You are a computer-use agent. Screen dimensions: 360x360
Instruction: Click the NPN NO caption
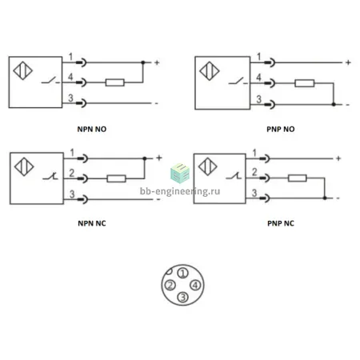click(92, 129)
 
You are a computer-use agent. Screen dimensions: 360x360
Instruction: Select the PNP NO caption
click(281, 129)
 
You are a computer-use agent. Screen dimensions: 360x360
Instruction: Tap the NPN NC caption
click(92, 223)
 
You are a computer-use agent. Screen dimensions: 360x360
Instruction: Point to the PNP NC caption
click(281, 223)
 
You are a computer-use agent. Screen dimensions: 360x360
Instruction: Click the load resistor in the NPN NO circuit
click(115, 82)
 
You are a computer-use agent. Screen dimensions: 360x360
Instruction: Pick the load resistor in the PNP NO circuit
click(305, 83)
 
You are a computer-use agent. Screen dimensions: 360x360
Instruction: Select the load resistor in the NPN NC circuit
click(116, 178)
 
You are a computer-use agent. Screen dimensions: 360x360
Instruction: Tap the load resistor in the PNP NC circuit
click(298, 178)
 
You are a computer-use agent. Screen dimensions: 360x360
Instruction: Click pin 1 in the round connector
click(182, 273)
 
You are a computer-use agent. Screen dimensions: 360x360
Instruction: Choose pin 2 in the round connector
click(170, 285)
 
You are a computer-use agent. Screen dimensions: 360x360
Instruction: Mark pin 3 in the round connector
click(183, 297)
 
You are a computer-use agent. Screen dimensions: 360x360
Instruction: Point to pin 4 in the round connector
click(195, 285)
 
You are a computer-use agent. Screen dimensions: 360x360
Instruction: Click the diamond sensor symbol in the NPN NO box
click(23, 70)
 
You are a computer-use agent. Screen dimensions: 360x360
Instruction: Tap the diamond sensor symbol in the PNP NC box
click(208, 166)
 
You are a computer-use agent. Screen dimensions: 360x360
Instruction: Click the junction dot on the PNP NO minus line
click(334, 104)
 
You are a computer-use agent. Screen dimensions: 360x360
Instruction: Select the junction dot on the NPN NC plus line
click(145, 158)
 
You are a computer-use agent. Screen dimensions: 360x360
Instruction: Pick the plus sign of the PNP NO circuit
click(348, 62)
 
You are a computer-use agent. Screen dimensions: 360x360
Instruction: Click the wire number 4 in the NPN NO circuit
click(70, 77)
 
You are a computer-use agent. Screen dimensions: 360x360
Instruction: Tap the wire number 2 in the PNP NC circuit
click(254, 172)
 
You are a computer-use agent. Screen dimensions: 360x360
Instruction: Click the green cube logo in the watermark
click(180, 173)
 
